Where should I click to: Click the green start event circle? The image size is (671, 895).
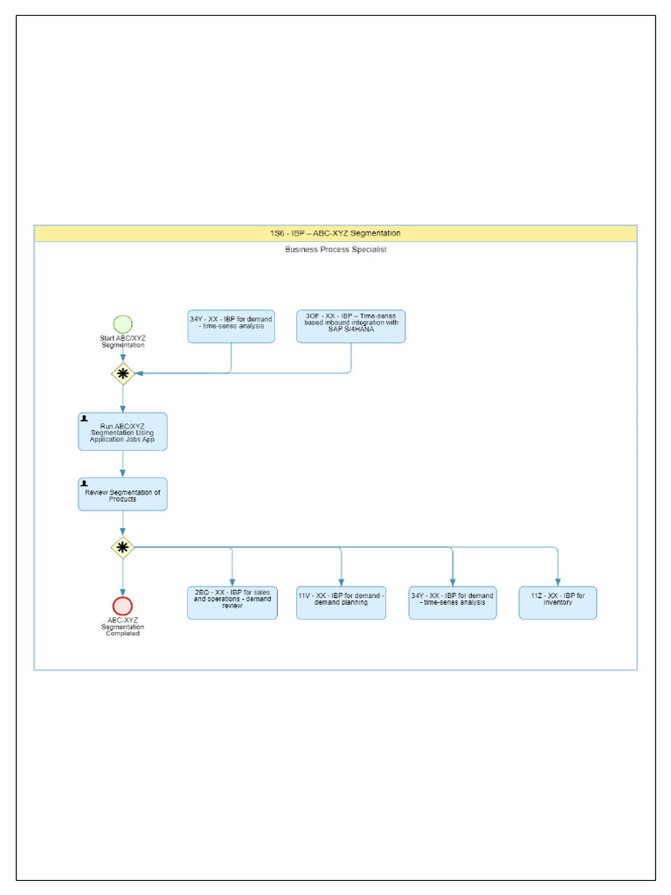pos(122,324)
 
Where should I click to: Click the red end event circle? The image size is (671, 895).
pos(122,606)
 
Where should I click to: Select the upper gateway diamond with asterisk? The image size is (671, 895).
pos(122,373)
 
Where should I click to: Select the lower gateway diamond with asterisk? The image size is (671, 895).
pos(122,548)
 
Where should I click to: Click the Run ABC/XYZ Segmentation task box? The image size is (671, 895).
pos(122,432)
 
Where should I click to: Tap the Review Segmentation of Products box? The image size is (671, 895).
pos(122,495)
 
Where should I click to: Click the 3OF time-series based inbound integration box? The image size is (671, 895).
pos(350,326)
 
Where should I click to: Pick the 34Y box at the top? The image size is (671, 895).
pos(231,326)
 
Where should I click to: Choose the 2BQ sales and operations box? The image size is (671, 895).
pos(232,603)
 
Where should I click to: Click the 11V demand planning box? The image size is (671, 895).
pos(341,603)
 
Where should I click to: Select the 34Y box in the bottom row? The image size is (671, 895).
pos(453,603)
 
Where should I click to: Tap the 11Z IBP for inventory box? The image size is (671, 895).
pos(557,603)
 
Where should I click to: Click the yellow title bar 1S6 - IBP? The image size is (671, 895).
pos(335,233)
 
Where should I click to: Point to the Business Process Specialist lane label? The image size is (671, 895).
pos(335,250)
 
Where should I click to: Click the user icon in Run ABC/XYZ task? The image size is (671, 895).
pos(85,419)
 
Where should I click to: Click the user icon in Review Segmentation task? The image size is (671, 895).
pos(85,483)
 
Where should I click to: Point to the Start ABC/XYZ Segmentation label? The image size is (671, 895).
pos(122,341)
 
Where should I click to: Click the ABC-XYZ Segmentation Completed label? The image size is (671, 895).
pos(122,627)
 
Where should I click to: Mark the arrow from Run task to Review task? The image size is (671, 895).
pos(122,465)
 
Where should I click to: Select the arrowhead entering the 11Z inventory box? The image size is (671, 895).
pos(557,581)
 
